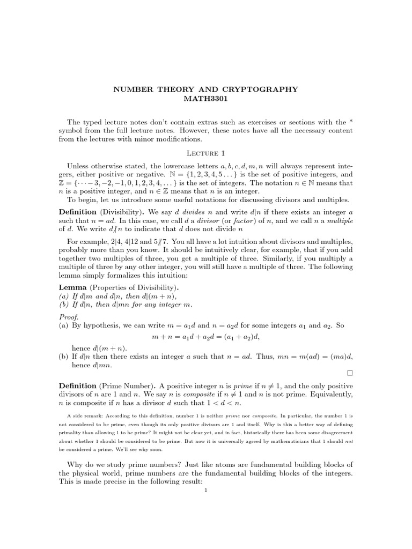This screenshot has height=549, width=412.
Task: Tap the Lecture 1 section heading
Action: pos(205,154)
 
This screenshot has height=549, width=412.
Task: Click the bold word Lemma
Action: pos(72,288)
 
